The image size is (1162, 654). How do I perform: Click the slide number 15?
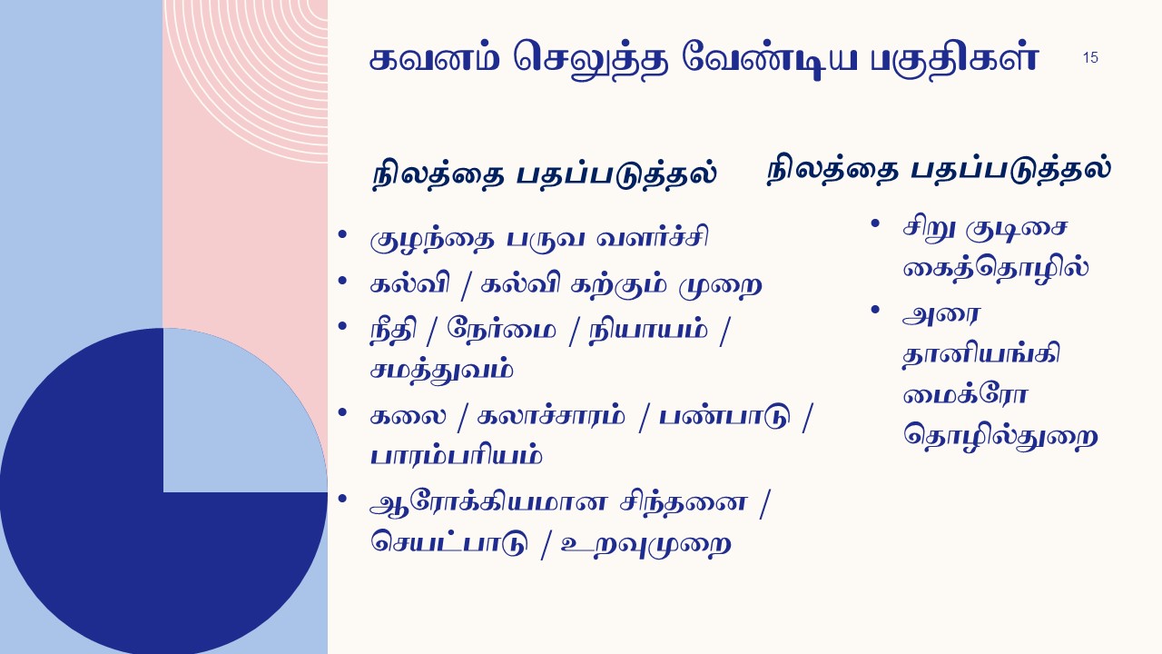pos(1090,57)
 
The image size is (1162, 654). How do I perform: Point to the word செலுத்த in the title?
pos(590,59)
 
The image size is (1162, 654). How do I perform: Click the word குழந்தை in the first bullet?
pos(431,239)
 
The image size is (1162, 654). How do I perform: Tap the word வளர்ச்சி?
pos(652,237)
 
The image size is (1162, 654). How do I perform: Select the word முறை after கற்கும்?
pos(720,285)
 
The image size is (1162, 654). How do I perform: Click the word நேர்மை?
pos(501,328)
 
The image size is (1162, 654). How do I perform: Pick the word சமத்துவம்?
pos(441,371)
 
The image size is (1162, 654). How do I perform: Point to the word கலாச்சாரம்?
pos(551,415)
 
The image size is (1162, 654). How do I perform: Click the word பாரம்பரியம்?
pos(456,456)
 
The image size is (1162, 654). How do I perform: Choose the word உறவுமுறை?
pos(646,544)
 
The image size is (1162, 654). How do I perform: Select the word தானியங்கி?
pos(981,355)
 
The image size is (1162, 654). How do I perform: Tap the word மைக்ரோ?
pos(965,395)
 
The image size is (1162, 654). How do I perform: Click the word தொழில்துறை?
pos(1000,437)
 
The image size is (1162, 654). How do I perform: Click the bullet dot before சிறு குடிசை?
pos(875,223)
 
